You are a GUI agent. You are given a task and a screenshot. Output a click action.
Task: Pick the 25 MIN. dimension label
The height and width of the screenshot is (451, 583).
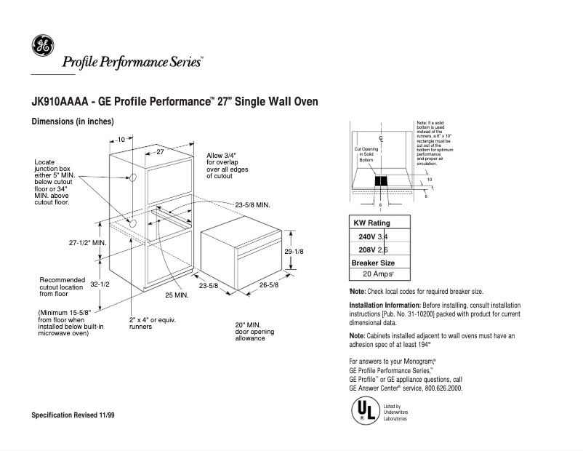tap(177, 295)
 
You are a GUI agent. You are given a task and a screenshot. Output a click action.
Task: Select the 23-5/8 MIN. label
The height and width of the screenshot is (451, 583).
tap(252, 206)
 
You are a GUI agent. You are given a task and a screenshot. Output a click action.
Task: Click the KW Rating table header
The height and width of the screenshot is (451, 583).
tap(371, 223)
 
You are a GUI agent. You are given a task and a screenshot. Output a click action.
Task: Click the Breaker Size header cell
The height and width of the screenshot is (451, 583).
tap(373, 263)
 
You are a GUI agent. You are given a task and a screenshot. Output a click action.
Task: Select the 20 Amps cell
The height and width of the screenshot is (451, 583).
tap(379, 275)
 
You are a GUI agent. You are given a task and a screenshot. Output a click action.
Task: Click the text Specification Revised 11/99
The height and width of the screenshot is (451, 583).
tap(73, 414)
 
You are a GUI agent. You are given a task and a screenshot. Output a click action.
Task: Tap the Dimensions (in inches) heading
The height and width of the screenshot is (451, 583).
tap(73, 121)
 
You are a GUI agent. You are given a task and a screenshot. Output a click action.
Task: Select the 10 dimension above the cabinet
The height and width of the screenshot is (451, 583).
tap(121, 138)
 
